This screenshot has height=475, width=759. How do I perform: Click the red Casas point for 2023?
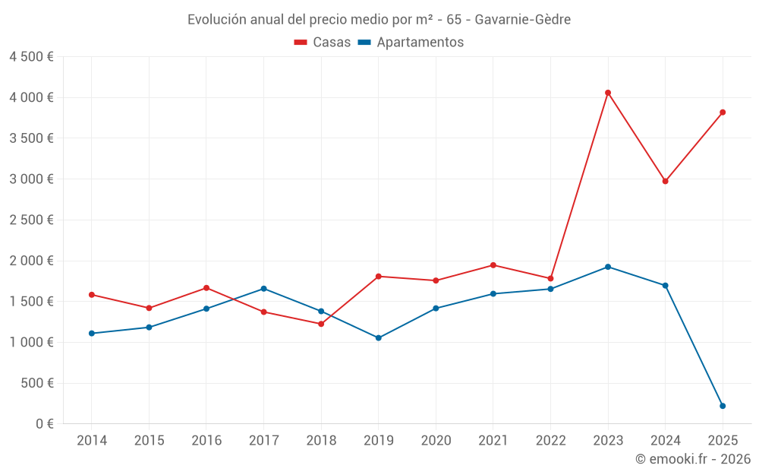[608, 93]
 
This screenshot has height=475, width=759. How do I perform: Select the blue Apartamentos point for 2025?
[723, 406]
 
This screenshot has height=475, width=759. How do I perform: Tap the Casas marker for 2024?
[665, 181]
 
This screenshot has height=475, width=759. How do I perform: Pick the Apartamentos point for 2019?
[379, 337]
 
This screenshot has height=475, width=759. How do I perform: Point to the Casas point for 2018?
[321, 324]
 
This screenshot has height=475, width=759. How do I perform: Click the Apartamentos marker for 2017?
[263, 289]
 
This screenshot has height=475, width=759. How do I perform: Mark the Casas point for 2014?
[91, 295]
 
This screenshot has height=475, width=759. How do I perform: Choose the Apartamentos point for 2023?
[608, 267]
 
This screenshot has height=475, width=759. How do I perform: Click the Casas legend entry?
[323, 43]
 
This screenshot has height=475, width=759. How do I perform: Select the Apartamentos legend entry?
[411, 43]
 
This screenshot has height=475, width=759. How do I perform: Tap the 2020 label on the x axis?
[436, 441]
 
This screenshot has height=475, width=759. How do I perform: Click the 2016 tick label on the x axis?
[206, 441]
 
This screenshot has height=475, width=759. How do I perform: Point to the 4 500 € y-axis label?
[31, 57]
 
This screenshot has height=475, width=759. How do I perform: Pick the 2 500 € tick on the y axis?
[31, 220]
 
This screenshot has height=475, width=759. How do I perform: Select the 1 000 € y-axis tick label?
[31, 343]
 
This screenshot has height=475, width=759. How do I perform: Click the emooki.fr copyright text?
[693, 459]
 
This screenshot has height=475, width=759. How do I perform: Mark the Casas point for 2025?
[723, 112]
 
